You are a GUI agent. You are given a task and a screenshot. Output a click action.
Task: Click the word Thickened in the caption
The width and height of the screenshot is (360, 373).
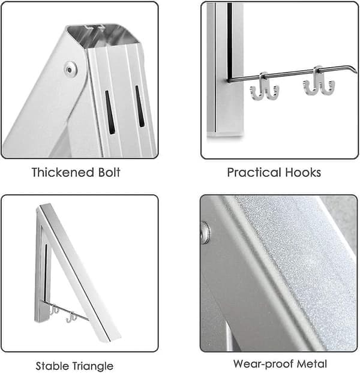coord(63,172)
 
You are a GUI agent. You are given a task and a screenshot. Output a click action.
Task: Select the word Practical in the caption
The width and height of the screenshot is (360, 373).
coord(254,172)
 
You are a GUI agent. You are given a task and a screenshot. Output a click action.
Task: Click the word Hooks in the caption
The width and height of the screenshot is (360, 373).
coord(303,172)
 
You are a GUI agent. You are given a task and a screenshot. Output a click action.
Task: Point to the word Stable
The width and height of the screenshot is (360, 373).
coord(52,366)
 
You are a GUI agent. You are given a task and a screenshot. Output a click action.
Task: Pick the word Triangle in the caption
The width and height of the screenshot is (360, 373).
coord(93,366)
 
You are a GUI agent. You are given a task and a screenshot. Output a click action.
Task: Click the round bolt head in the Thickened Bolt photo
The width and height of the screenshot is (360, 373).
coord(70,69)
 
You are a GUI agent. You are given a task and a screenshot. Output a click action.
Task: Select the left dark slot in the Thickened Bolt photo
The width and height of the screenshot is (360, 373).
coord(110,112)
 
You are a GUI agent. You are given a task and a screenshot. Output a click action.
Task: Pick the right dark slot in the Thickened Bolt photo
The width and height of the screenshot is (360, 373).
coord(140,106)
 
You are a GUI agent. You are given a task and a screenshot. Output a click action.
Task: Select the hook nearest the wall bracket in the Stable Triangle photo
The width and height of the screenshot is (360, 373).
coord(55,309)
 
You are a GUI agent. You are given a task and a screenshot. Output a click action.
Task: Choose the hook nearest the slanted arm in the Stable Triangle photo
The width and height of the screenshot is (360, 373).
coord(71,317)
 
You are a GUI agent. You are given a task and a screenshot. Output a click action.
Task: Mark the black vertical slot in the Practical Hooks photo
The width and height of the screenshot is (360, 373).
coord(229,41)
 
